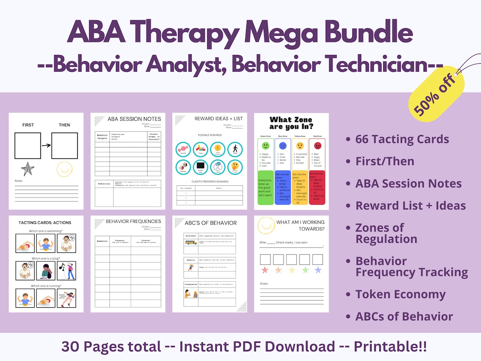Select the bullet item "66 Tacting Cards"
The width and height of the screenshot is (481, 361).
point(402,139)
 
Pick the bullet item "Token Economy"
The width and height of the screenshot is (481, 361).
point(400,294)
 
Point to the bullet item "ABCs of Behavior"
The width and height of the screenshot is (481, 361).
point(398,316)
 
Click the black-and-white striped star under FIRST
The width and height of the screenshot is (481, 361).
point(27,169)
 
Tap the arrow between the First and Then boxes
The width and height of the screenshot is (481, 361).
point(46,146)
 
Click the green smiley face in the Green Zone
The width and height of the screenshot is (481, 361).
point(265,146)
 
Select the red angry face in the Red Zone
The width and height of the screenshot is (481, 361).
point(317,146)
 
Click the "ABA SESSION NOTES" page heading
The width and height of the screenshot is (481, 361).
point(131,119)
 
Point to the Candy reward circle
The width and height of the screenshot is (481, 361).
point(183,149)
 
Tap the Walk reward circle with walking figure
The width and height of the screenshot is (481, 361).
point(235,149)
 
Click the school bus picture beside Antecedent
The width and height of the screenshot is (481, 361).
point(190,242)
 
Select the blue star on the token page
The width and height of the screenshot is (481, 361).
point(318,270)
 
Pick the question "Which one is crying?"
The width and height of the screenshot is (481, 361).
point(46,258)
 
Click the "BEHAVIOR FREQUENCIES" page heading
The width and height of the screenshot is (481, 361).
point(133,221)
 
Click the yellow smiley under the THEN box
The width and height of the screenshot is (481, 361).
point(65,169)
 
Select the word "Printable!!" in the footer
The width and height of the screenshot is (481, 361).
point(390,347)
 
